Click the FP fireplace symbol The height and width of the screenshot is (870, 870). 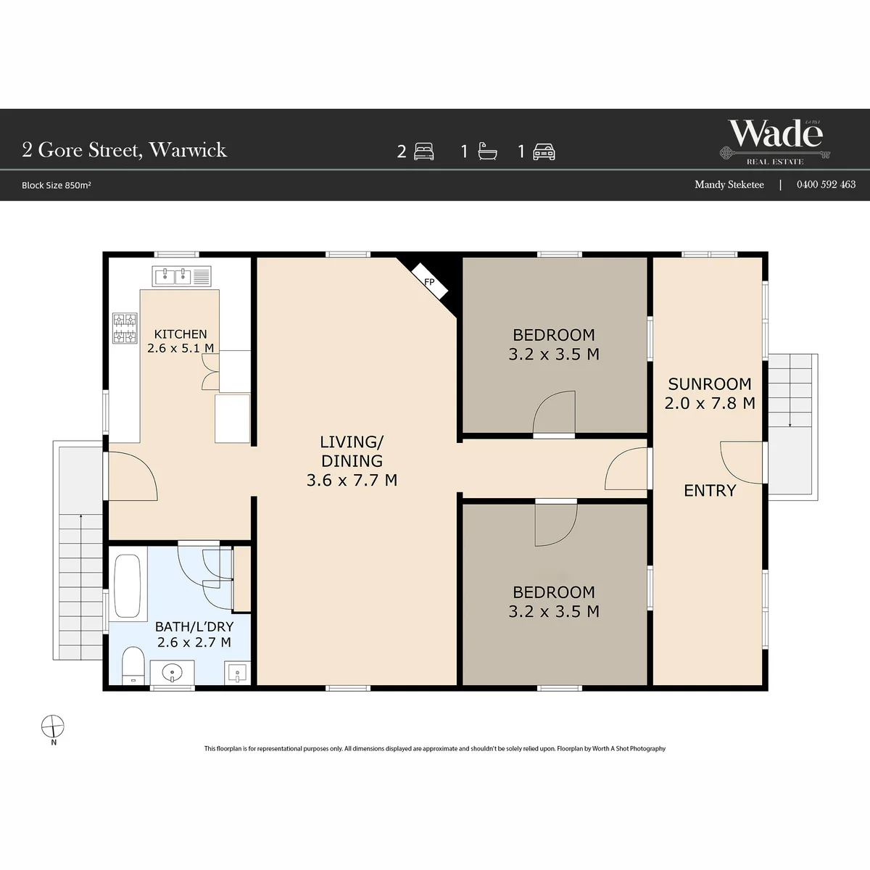pyautogui.click(x=430, y=281)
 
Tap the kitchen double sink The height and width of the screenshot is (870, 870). pyautogui.click(x=181, y=276)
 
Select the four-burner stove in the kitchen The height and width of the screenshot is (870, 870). pyautogui.click(x=125, y=328)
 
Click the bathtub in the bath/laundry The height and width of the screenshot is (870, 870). pyautogui.click(x=128, y=586)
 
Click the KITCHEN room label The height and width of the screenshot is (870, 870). pyautogui.click(x=181, y=334)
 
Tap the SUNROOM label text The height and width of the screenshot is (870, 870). pyautogui.click(x=710, y=384)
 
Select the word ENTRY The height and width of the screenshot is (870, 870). pyautogui.click(x=710, y=490)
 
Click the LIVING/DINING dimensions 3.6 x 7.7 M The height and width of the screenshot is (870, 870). pyautogui.click(x=352, y=481)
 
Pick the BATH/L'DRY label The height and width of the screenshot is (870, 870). pyautogui.click(x=194, y=626)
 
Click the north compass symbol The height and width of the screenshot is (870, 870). pyautogui.click(x=53, y=726)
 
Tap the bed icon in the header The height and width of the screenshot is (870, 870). pyautogui.click(x=424, y=152)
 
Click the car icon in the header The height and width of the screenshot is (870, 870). pyautogui.click(x=544, y=152)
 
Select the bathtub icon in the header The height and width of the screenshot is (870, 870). pyautogui.click(x=488, y=152)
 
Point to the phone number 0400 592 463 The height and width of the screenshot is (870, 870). pyautogui.click(x=826, y=184)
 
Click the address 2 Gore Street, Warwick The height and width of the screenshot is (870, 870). pyautogui.click(x=124, y=150)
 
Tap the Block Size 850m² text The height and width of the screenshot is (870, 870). pyautogui.click(x=57, y=185)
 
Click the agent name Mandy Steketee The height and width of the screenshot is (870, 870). pyautogui.click(x=729, y=185)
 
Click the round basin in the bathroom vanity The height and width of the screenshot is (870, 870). pyautogui.click(x=172, y=674)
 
